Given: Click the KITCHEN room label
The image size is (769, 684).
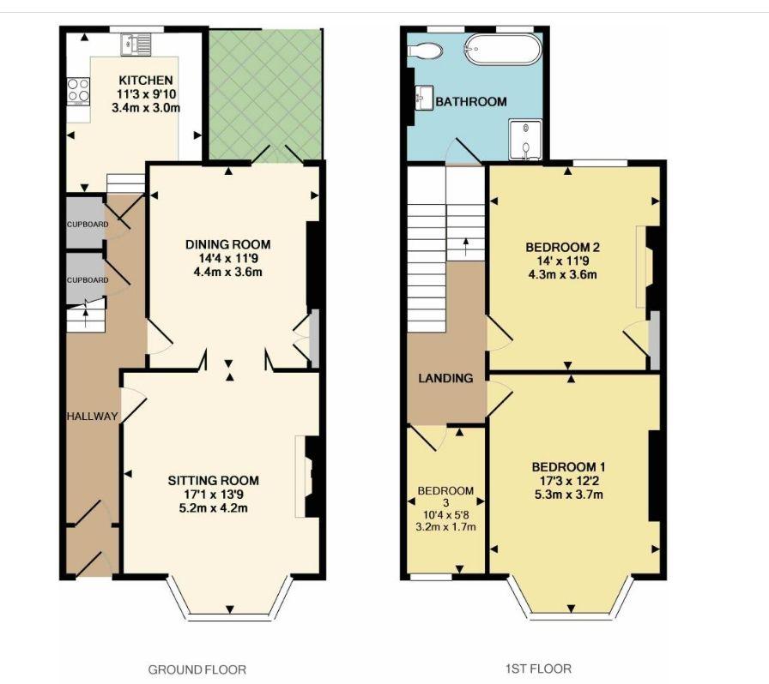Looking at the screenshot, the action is (x=146, y=81).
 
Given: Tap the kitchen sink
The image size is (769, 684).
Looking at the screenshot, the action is (x=136, y=44).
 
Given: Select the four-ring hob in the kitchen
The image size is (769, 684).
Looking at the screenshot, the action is (x=78, y=92).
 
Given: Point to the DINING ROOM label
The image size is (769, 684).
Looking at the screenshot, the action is (x=228, y=244).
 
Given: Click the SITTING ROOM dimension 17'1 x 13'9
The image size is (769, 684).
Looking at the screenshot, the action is (x=214, y=494).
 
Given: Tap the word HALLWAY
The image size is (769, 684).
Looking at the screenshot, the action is (x=92, y=417).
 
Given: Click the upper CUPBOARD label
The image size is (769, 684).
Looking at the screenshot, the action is (x=88, y=225).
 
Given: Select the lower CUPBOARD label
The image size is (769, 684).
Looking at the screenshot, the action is (x=88, y=280).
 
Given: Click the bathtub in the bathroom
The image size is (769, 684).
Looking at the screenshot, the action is (x=503, y=49).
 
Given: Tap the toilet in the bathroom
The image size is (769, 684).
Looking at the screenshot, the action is (x=425, y=50).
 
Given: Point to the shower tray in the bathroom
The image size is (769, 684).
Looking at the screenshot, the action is (x=525, y=139).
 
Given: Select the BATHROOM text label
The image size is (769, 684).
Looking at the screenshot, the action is (x=471, y=102).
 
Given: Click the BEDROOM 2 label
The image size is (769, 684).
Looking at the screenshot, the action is (x=562, y=247).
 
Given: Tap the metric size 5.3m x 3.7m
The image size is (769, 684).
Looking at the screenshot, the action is (x=569, y=495).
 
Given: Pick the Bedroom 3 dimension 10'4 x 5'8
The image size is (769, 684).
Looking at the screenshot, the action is (x=445, y=514).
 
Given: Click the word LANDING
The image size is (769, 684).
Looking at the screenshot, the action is (x=445, y=378).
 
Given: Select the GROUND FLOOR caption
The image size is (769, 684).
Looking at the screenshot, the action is (x=197, y=669).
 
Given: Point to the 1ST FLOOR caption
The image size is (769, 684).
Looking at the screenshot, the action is (x=538, y=669).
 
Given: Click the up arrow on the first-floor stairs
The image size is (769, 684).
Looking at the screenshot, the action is (x=465, y=248).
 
